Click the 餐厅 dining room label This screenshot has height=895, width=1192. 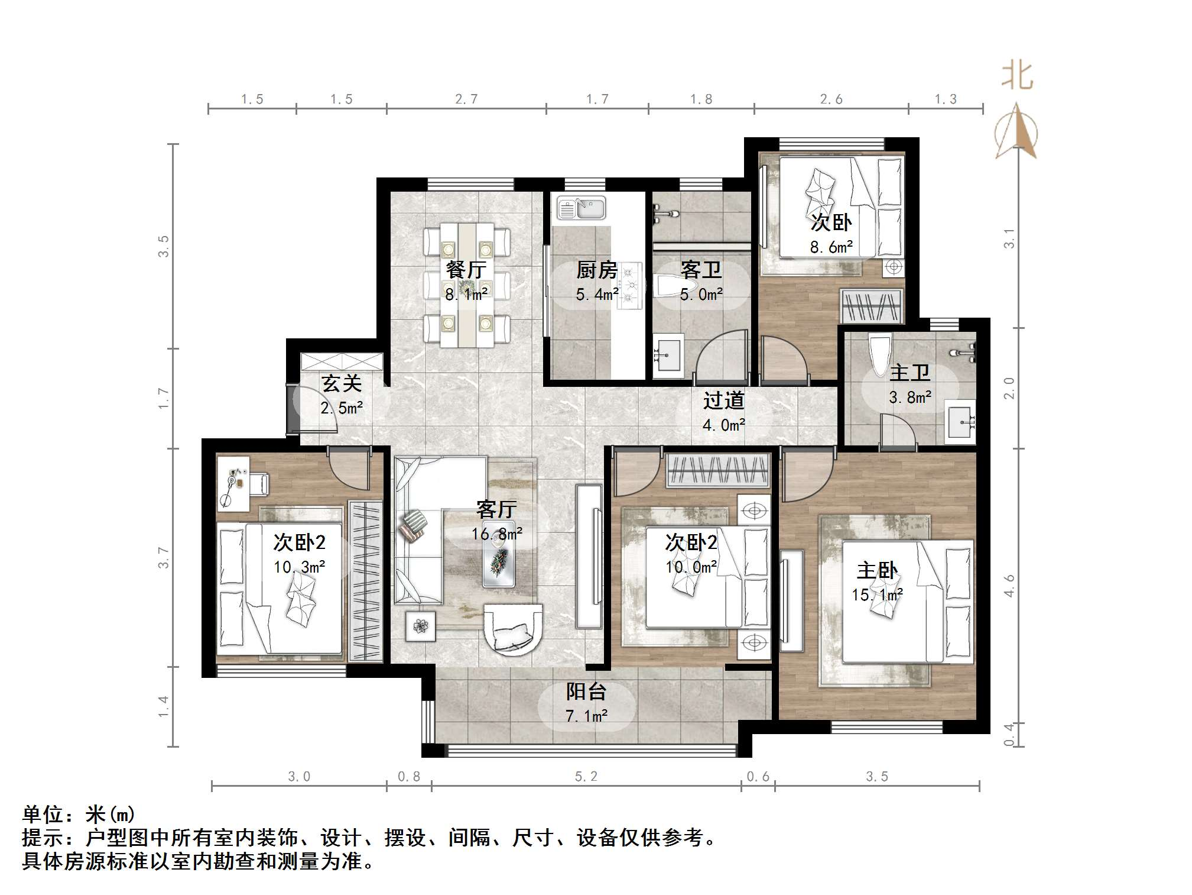pyautogui.click(x=466, y=270)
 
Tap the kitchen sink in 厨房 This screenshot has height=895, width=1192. pyautogui.click(x=581, y=208)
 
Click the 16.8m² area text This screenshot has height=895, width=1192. pyautogui.click(x=496, y=534)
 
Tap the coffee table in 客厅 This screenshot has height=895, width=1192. pyautogui.click(x=498, y=554)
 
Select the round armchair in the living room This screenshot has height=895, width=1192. pyautogui.click(x=512, y=629)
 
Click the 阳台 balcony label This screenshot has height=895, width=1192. pyautogui.click(x=586, y=691)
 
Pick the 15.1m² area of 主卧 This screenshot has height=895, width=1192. pyautogui.click(x=877, y=594)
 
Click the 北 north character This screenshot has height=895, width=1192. pyautogui.click(x=1017, y=76)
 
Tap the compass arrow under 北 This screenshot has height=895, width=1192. pyautogui.click(x=1016, y=131)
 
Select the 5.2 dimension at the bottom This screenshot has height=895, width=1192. pyautogui.click(x=586, y=776)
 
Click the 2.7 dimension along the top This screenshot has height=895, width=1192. pyautogui.click(x=466, y=99)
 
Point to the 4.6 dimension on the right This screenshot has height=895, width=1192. pyautogui.click(x=1009, y=585)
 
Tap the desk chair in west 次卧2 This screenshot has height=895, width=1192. pyautogui.click(x=259, y=483)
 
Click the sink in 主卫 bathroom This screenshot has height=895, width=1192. pyautogui.click(x=960, y=422)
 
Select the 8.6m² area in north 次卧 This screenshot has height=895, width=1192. pyautogui.click(x=831, y=247)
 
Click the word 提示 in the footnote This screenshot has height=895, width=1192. pyautogui.click(x=43, y=838)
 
